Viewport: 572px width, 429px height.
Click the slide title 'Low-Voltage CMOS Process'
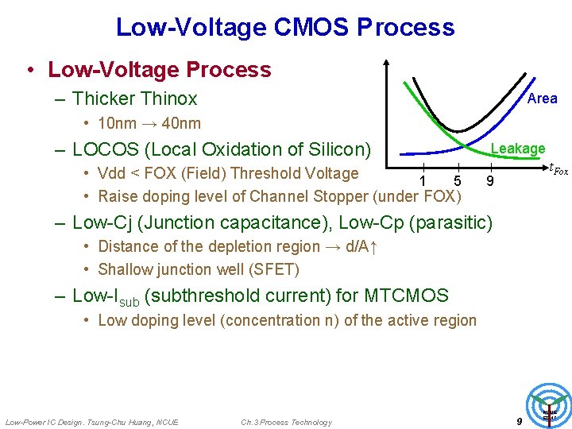point(285,27)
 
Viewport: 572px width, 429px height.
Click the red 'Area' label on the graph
point(542,99)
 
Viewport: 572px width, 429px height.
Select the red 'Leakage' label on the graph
point(517,149)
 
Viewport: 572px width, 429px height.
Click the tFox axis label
point(558,168)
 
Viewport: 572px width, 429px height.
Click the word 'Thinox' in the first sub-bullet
point(168,99)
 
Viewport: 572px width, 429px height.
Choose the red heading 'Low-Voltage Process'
point(159,70)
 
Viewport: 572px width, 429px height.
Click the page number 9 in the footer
point(519,422)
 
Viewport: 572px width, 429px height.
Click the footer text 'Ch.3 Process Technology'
point(286,422)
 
